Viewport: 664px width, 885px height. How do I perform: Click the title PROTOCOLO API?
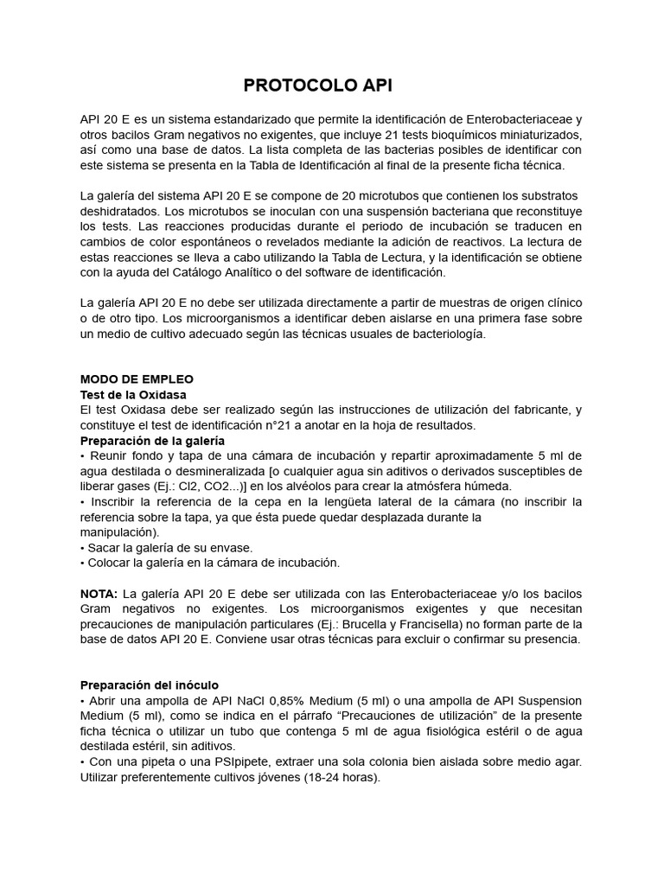point(311,85)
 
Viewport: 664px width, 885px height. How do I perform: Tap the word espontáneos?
point(244,241)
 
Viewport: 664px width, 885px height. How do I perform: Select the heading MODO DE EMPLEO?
point(137,379)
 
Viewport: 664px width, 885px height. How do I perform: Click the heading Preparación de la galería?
point(152,441)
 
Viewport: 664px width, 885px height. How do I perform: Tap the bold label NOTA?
point(99,593)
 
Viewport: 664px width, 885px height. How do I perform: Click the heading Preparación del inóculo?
point(150,684)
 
